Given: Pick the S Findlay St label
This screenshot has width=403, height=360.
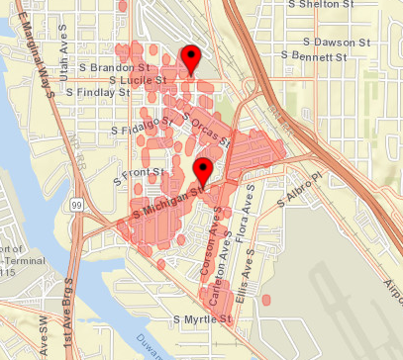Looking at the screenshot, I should (98, 91).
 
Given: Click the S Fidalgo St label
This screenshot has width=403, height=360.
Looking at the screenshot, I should (143, 125).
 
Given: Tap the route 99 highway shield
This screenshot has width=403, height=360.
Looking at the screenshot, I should (75, 204).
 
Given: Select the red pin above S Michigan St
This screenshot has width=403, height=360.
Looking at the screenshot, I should (203, 168).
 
